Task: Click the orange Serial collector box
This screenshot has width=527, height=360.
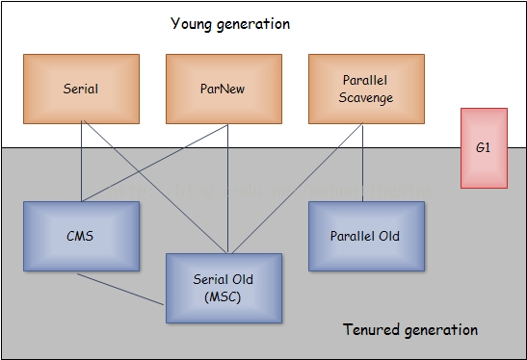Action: (81, 89)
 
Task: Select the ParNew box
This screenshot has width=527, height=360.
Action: (224, 89)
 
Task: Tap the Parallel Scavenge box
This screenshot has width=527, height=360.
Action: (366, 89)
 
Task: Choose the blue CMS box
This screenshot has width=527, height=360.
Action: (81, 236)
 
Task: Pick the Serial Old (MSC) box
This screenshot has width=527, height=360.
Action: (224, 288)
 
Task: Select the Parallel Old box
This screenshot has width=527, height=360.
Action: (366, 236)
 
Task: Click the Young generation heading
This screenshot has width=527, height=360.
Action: (229, 23)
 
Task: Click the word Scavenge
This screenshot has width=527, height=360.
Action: (365, 97)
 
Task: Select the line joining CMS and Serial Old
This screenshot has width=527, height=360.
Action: (120, 288)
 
